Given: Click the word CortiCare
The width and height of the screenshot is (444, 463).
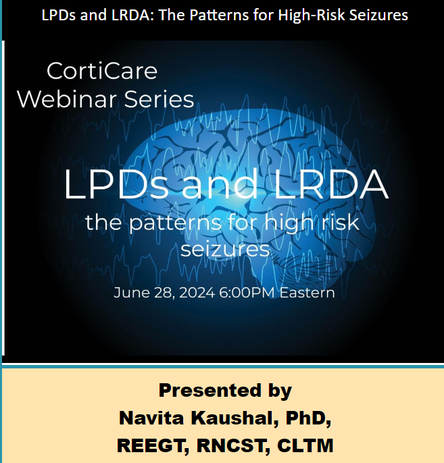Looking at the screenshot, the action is (x=102, y=71).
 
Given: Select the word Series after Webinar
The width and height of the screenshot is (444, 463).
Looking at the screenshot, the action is (x=159, y=99).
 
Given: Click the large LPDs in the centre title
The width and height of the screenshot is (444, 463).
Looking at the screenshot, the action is (x=117, y=184).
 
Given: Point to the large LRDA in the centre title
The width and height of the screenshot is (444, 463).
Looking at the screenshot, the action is (x=331, y=184).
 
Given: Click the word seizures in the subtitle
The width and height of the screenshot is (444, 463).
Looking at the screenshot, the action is (x=225, y=249).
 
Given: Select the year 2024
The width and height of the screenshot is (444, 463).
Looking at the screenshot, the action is (x=197, y=293).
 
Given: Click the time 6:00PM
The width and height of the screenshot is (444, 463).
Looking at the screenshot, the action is (x=247, y=293).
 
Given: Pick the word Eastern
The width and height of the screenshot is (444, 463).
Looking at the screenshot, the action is (x=307, y=293).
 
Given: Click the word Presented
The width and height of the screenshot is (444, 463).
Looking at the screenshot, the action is (x=210, y=391).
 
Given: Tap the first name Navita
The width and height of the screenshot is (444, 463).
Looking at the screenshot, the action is (x=151, y=418).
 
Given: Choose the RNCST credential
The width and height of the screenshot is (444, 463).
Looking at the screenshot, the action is (x=234, y=446).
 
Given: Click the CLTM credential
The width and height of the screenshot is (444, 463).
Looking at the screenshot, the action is (x=305, y=445).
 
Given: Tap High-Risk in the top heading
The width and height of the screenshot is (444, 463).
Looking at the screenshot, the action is (x=312, y=16).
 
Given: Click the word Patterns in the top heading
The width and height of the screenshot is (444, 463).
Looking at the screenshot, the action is (x=219, y=15).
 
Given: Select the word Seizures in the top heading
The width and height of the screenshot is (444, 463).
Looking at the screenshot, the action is (x=378, y=15).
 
